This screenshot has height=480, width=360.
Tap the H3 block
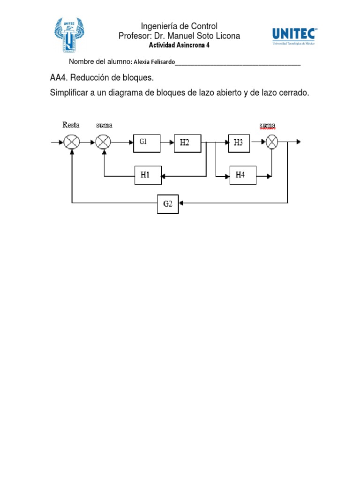[239, 143]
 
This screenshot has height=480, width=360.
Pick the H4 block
[240, 175]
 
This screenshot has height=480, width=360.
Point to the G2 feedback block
[167, 203]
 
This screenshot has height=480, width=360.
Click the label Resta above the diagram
[71, 125]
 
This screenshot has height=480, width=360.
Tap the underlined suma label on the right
[267, 125]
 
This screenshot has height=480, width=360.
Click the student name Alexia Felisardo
[154, 62]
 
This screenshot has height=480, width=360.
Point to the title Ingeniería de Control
[179, 26]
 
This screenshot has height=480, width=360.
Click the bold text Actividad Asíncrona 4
[179, 45]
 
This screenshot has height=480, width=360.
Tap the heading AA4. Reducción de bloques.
[102, 77]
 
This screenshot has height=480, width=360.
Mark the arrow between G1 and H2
[167, 142]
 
